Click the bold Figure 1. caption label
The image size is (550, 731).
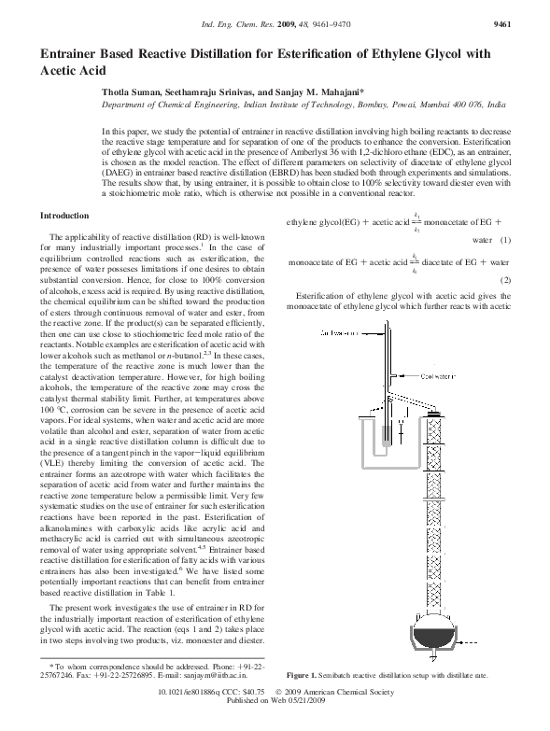(x=304, y=674)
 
